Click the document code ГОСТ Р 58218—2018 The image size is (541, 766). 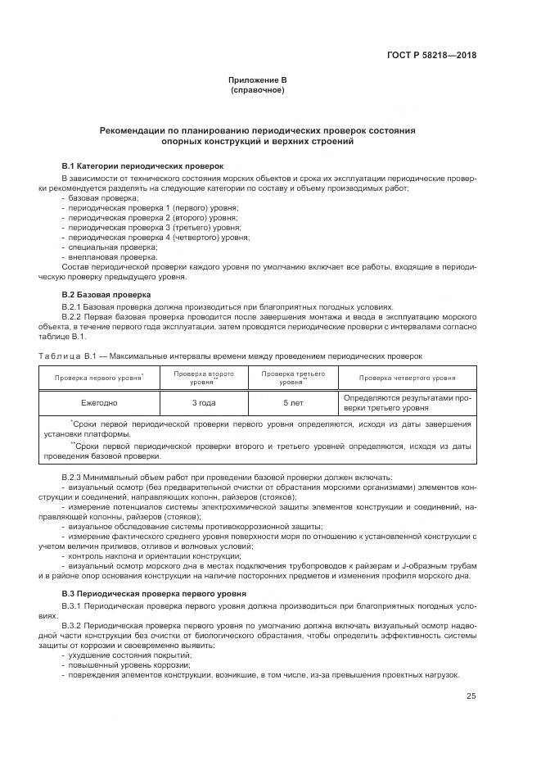click(x=432, y=56)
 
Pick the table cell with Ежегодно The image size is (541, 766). click(x=99, y=402)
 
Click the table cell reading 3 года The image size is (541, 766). click(x=204, y=402)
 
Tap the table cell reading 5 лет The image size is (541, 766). click(x=291, y=402)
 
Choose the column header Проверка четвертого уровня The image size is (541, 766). click(x=407, y=378)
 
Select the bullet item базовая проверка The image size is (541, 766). click(x=103, y=197)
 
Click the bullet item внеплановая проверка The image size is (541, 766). click(x=112, y=256)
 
